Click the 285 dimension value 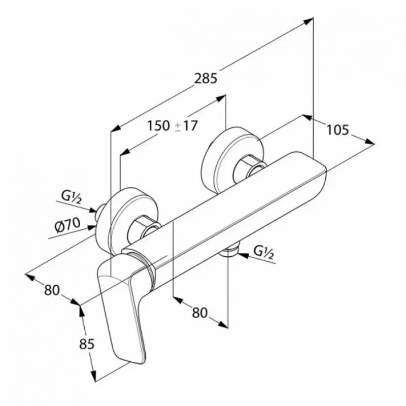coord(206,78)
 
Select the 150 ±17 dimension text coord(173,126)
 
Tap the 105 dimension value coord(338,130)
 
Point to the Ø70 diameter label coord(67,225)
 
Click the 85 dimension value coord(87,344)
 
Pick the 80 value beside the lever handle coord(52,290)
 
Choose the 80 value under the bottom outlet coord(199,313)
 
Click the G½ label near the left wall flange coord(72,197)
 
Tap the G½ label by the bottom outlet coord(263,252)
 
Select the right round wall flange coord(233,159)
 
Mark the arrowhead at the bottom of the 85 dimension coord(93,376)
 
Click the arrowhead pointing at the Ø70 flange coord(91,227)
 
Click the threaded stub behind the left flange coord(100,210)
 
